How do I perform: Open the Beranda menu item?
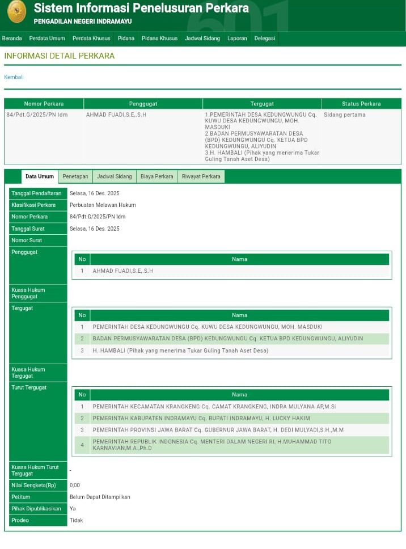tap(12, 39)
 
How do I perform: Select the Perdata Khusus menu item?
tap(91, 39)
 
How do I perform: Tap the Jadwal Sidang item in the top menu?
tap(202, 39)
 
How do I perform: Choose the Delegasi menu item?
tap(265, 39)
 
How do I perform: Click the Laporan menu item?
tap(237, 39)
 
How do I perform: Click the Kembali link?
tap(14, 77)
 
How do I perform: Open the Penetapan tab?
tap(75, 176)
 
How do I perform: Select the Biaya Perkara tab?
tap(157, 176)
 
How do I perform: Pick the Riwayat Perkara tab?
tap(201, 176)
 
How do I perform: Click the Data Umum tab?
tap(40, 176)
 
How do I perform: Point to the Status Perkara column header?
tap(361, 104)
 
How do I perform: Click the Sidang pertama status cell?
tap(345, 115)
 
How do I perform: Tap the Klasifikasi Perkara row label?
tap(33, 205)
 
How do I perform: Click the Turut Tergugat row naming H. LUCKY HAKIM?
tap(201, 418)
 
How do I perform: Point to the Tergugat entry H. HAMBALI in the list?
tap(180, 350)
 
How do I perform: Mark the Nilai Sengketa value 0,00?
tap(75, 485)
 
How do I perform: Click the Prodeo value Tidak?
tap(76, 520)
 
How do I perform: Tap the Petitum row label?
tap(21, 497)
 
